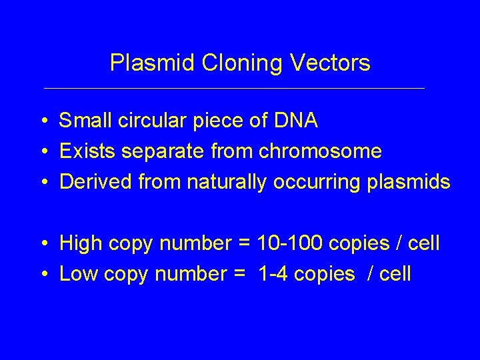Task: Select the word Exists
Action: [x=88, y=151]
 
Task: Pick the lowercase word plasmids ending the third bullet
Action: [x=409, y=183]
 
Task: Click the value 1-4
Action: [x=273, y=274]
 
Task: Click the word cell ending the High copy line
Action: [x=423, y=243]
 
